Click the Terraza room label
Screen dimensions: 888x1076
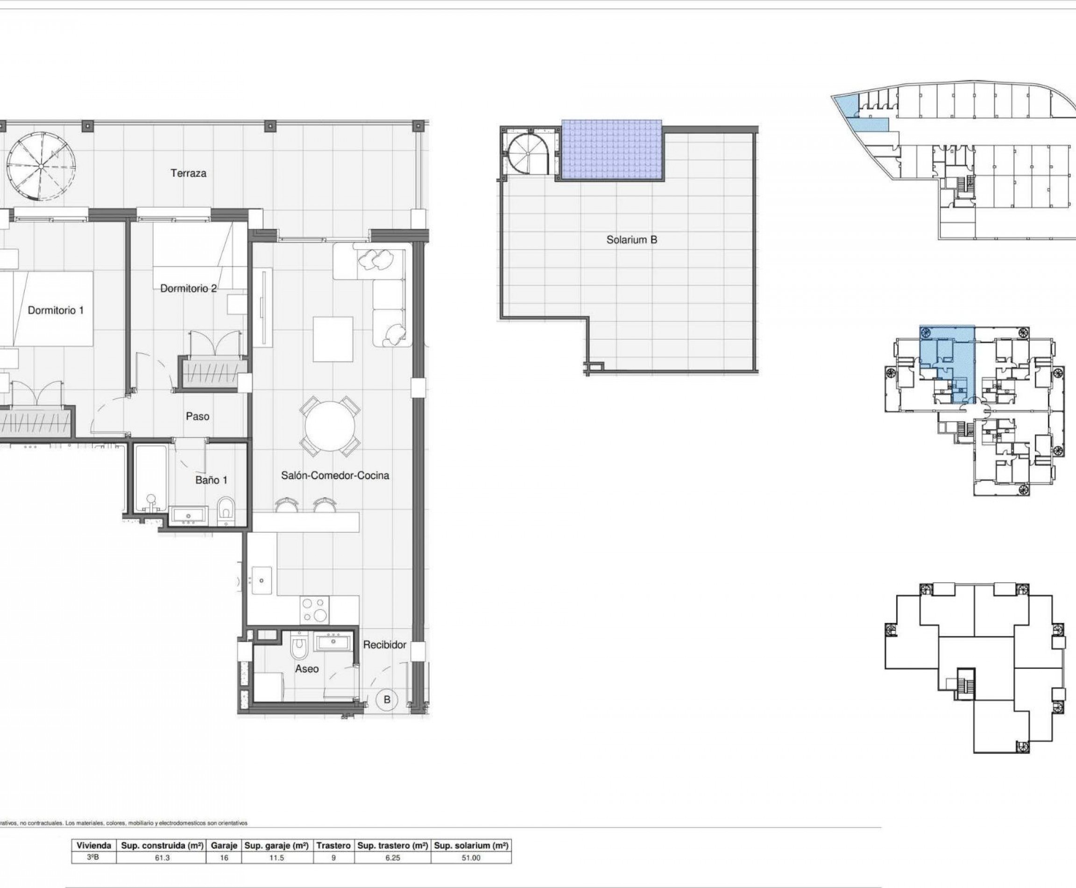(x=189, y=173)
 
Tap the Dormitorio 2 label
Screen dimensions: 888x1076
(x=188, y=288)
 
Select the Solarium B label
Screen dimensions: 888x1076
(x=631, y=239)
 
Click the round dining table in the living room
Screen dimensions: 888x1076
(x=330, y=426)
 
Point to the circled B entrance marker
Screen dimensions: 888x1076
(x=387, y=699)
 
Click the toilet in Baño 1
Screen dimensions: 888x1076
(x=226, y=509)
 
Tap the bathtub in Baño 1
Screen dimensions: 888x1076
(x=151, y=478)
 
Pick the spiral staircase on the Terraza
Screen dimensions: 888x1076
(x=42, y=166)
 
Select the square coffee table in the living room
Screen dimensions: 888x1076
(x=333, y=339)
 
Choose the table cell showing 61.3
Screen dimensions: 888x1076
(x=162, y=857)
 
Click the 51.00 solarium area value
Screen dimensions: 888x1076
(x=470, y=857)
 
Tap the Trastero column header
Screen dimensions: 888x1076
(x=333, y=845)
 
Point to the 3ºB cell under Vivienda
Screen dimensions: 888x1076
(x=93, y=857)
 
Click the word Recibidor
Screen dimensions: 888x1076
(x=384, y=645)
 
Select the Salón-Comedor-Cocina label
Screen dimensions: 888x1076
(x=335, y=475)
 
